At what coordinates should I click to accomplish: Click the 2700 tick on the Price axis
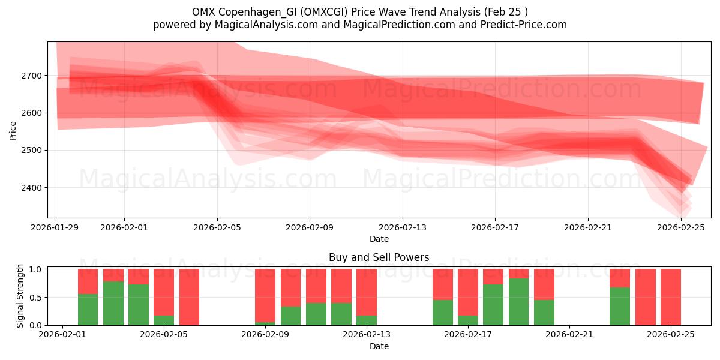click(x=31, y=76)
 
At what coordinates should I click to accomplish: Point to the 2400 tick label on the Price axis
click(x=31, y=188)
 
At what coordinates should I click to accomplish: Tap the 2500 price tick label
click(x=31, y=150)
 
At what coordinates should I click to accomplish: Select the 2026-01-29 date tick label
click(x=55, y=227)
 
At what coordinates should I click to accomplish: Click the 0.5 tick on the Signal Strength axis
click(x=36, y=297)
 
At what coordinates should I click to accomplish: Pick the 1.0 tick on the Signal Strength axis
click(x=36, y=269)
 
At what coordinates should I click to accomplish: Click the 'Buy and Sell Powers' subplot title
click(x=379, y=257)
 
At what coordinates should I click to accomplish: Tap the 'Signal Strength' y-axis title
click(x=20, y=296)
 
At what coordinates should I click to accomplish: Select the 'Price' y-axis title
click(x=13, y=130)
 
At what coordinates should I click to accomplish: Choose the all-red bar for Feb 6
click(x=189, y=297)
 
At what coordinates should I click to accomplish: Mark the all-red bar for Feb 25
click(x=671, y=297)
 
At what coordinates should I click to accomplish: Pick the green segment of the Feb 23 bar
click(x=620, y=306)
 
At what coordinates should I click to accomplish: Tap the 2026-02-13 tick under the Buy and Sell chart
click(x=367, y=335)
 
